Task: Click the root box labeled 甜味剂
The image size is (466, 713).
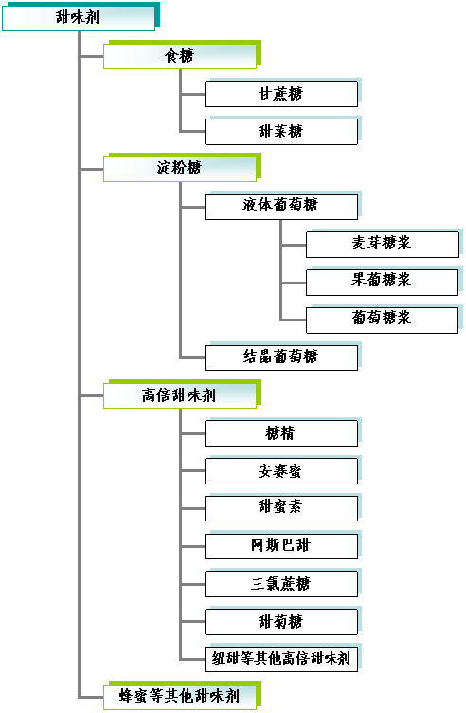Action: pyautogui.click(x=78, y=17)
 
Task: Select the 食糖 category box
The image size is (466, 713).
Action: pyautogui.click(x=180, y=56)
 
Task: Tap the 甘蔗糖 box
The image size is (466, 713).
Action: pyautogui.click(x=281, y=93)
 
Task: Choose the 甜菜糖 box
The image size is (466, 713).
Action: pyautogui.click(x=281, y=131)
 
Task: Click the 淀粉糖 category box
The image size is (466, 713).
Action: pyautogui.click(x=180, y=169)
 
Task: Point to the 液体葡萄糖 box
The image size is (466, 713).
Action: pyautogui.click(x=281, y=206)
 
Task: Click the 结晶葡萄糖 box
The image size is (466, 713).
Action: pyautogui.click(x=281, y=356)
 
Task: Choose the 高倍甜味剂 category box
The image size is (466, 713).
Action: pyautogui.click(x=180, y=394)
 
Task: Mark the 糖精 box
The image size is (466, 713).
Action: pyautogui.click(x=281, y=432)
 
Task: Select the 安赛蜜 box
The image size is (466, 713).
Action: pyautogui.click(x=281, y=470)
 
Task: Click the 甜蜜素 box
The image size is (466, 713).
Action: pyautogui.click(x=281, y=507)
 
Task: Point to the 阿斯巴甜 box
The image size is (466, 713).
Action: pyautogui.click(x=281, y=545)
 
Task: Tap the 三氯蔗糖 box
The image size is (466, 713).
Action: pyautogui.click(x=281, y=583)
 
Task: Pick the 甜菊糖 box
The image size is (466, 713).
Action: pyautogui.click(x=281, y=621)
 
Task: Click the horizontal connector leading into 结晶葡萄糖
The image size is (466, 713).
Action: pyautogui.click(x=192, y=356)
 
